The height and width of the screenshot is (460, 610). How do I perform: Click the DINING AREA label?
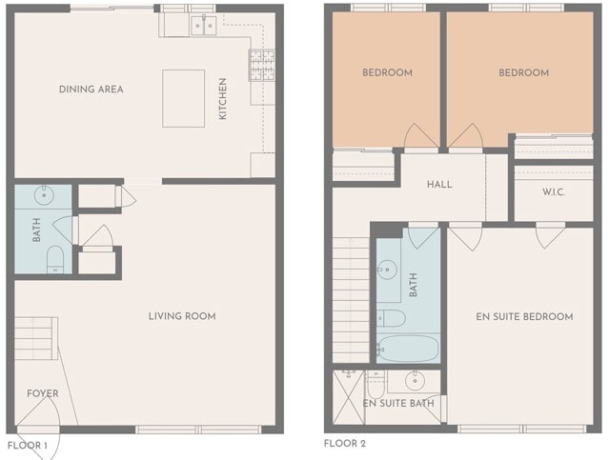91,90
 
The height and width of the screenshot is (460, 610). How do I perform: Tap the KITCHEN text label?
223,98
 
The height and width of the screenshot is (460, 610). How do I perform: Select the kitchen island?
183,98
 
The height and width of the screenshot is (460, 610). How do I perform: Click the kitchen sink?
202,26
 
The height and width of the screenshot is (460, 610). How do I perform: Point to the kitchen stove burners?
262,64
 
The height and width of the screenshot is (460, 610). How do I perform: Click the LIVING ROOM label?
181,316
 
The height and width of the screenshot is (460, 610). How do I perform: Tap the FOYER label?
42,393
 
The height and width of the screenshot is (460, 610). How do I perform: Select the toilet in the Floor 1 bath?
54,259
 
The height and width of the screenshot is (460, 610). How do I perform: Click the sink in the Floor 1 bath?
44,197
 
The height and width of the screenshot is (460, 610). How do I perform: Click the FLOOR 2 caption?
344,444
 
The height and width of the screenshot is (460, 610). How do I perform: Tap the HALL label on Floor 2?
439,185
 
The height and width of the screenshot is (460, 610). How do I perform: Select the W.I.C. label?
555,191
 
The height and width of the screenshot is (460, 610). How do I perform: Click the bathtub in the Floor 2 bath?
407,347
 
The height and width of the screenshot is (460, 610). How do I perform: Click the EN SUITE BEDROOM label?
524,316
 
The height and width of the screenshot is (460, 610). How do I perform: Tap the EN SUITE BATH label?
398,404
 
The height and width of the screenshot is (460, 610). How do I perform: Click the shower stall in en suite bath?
349,393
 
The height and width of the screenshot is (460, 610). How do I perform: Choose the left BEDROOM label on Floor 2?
387,73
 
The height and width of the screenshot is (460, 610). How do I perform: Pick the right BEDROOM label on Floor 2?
524,73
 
